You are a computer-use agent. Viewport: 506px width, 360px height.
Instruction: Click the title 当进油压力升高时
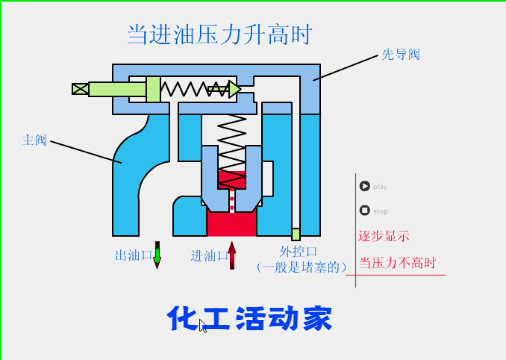(x=220, y=34)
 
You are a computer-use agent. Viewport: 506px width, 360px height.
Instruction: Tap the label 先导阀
(x=400, y=54)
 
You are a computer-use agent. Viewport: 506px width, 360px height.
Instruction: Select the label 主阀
(x=34, y=140)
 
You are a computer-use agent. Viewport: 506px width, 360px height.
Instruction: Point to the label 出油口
(x=133, y=255)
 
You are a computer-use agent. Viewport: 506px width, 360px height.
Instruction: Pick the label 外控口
(x=298, y=251)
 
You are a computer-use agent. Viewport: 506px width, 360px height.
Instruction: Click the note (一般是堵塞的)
(x=301, y=267)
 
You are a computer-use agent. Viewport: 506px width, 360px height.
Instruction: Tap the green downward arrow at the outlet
(x=157, y=255)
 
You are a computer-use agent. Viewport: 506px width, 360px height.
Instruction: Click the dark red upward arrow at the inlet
(x=232, y=255)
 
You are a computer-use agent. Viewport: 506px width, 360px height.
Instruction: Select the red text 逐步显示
(x=384, y=237)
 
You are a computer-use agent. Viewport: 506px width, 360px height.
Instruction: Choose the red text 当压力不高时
(x=398, y=263)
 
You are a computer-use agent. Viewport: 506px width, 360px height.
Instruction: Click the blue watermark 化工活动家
(x=249, y=319)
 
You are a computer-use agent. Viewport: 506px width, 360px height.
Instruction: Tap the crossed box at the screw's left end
(x=80, y=89)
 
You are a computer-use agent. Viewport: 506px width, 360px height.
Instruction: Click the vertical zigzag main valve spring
(x=231, y=140)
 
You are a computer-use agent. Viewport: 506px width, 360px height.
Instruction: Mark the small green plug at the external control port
(x=295, y=233)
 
